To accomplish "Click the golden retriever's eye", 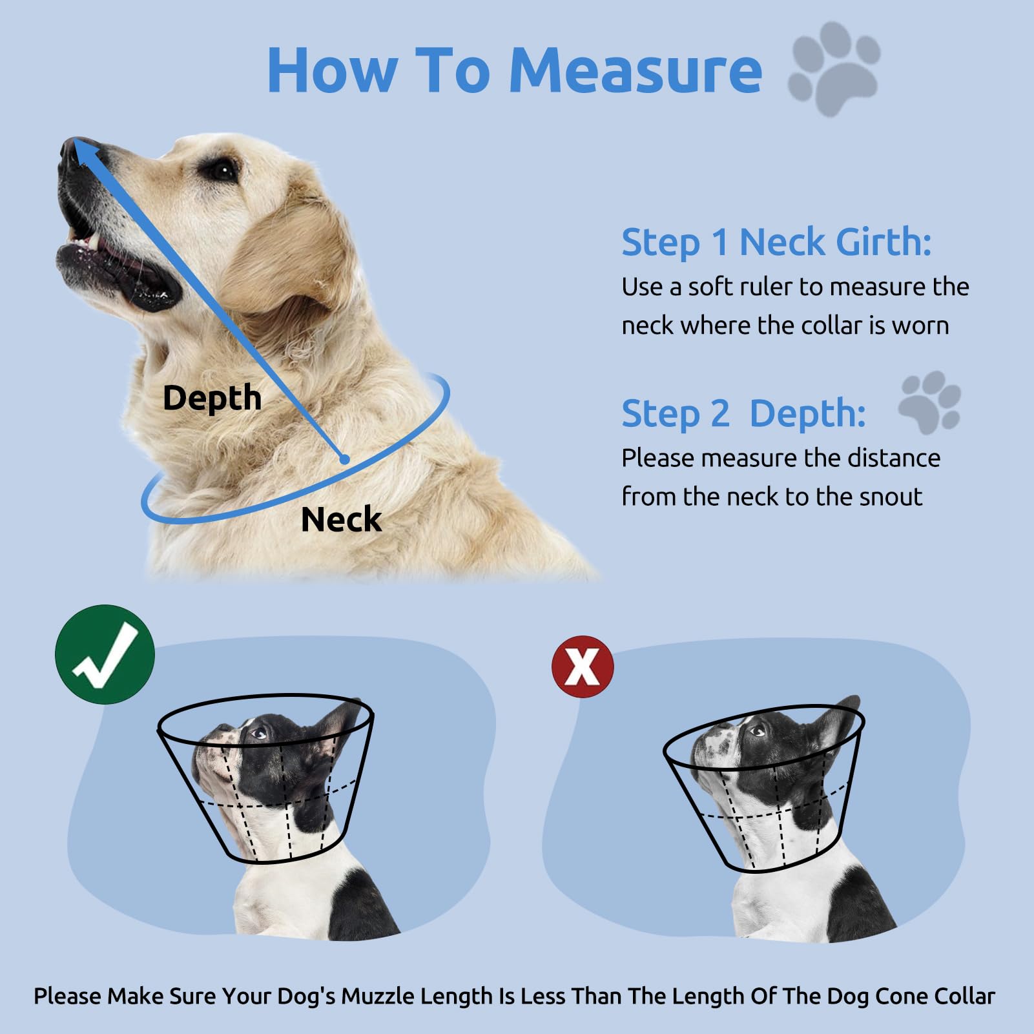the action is [223, 171].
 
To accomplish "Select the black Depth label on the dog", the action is [212, 398].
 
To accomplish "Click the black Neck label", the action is [341, 520].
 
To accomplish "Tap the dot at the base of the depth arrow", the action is [345, 459].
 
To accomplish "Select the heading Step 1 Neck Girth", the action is [776, 243].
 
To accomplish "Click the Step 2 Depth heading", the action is [743, 413].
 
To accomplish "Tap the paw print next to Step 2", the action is [930, 402].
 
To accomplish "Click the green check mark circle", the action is [105, 654].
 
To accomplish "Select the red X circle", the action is [583, 667].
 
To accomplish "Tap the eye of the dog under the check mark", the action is [258, 733].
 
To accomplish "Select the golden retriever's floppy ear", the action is [291, 258].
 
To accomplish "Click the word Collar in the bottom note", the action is [966, 996].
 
